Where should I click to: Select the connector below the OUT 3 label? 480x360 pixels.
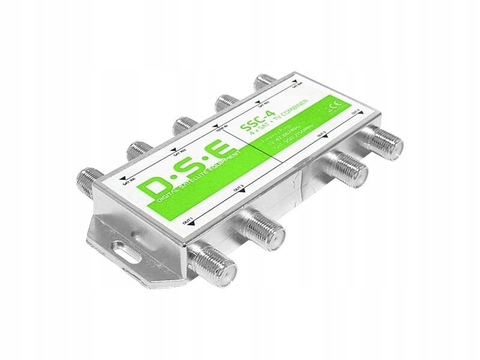[349, 166]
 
